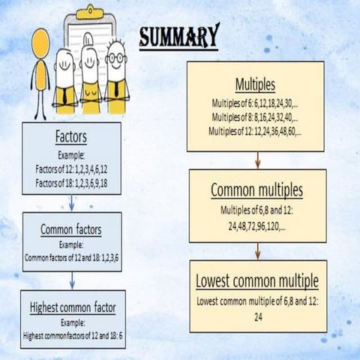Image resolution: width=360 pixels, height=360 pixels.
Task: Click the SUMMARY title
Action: tap(180, 35)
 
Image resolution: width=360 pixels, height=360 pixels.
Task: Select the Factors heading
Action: tap(71, 137)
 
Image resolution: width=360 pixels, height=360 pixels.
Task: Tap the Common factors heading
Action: tap(71, 229)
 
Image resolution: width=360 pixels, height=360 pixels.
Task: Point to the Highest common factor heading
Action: tap(73, 307)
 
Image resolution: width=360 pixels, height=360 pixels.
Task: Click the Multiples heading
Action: tap(256, 83)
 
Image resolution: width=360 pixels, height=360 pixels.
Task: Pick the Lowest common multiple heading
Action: tap(257, 281)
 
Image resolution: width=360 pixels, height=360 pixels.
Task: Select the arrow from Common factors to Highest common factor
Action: tap(71, 280)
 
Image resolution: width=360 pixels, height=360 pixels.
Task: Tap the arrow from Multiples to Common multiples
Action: tap(257, 160)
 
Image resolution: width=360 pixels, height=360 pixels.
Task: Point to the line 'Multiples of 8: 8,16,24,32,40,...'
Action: tap(255, 118)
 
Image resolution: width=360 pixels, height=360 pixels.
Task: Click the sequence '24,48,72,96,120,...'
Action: tap(257, 222)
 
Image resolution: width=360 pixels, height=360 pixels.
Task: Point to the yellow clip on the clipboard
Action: tap(90, 13)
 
